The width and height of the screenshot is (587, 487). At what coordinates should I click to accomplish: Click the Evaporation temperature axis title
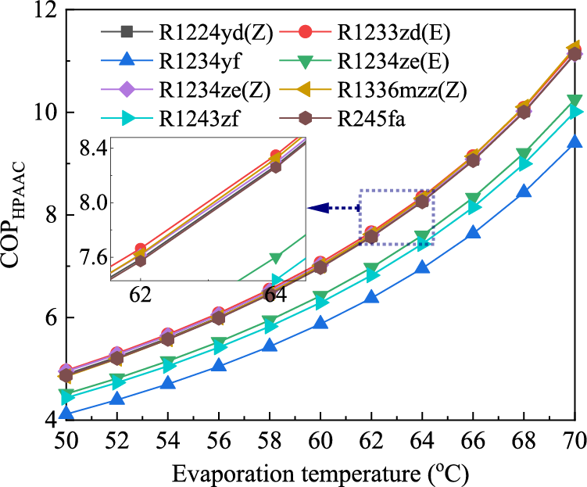(319, 473)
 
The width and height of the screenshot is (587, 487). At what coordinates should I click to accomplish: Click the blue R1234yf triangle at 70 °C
(575, 141)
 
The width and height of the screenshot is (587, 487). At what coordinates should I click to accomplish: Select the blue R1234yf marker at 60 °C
(320, 323)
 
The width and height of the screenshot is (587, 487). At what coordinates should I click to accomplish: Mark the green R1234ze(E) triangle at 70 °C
(575, 102)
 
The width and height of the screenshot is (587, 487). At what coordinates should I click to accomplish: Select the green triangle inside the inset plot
(275, 258)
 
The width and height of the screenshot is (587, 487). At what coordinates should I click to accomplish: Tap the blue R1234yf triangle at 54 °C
(166, 382)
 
